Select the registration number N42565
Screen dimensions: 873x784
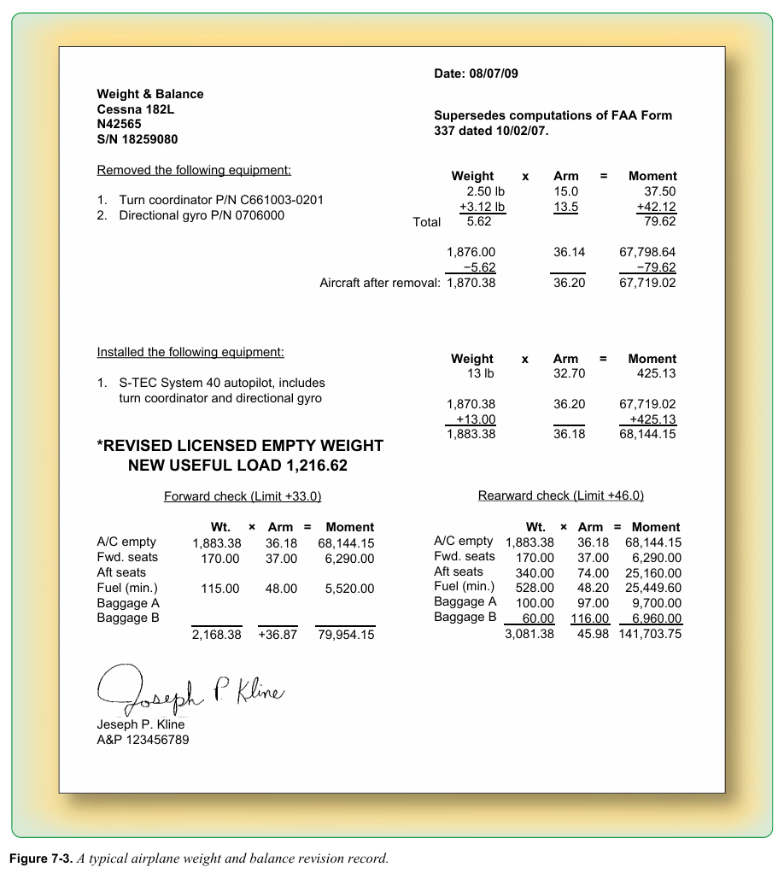120,124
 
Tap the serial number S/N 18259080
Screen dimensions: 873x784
137,139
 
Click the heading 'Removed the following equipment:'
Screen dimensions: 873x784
194,170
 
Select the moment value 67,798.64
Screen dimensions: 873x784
647,252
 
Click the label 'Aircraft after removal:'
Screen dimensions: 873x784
380,283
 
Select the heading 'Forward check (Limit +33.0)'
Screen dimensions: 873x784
243,496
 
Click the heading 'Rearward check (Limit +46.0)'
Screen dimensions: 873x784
560,495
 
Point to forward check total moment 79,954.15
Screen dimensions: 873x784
345,635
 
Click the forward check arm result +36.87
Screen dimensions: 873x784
278,635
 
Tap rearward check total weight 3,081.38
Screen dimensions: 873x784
529,634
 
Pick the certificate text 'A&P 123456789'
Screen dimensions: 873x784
143,740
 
